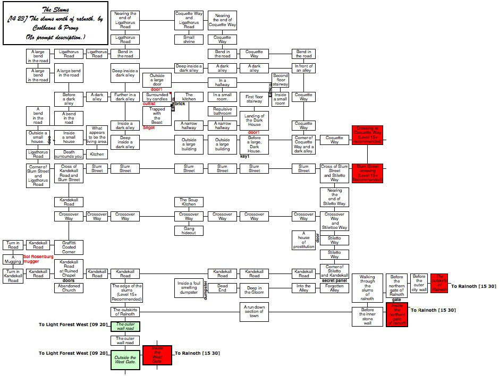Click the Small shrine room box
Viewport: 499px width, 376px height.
189,39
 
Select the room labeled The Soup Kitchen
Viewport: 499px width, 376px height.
189,202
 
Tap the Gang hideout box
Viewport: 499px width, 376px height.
189,230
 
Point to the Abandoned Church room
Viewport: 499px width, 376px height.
69,287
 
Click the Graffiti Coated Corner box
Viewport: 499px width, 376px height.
69,247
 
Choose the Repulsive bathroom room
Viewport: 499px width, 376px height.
222,110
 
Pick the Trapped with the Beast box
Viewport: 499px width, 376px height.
157,116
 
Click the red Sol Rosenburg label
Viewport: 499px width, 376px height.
38,257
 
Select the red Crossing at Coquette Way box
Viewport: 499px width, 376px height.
367,135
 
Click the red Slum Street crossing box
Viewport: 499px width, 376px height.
367,173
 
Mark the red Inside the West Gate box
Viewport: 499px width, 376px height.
157,355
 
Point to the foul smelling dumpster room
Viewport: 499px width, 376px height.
189,288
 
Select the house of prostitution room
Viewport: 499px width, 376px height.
303,240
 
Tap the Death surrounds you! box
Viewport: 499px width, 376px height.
69,154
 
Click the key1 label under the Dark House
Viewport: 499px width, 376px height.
244,157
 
